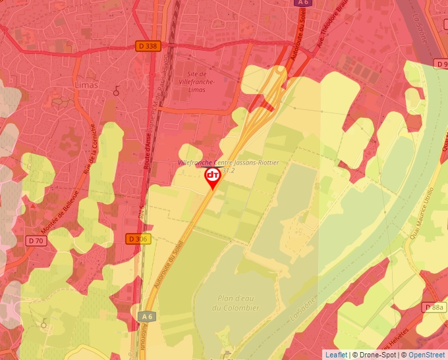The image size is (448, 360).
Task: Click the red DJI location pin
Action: point(213,177)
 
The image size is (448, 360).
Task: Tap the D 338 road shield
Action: point(148,46)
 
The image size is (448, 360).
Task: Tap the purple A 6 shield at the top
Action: point(302,3)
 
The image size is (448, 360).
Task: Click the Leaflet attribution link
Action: point(336,355)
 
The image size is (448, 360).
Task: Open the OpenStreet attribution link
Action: point(426,355)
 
